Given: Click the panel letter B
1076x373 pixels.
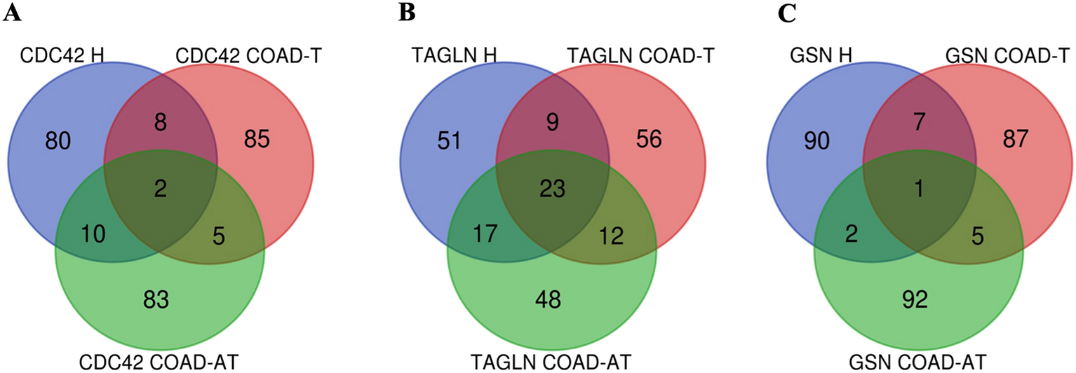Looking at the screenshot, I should [x=406, y=13].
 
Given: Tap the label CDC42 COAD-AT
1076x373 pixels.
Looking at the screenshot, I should [x=160, y=362].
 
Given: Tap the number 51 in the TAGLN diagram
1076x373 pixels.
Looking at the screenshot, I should [x=448, y=140].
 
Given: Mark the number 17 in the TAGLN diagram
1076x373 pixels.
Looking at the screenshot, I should [x=483, y=233].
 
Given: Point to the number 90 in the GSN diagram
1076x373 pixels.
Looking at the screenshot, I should [x=815, y=140].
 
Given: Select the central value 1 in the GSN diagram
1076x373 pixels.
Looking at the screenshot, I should [x=919, y=189].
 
